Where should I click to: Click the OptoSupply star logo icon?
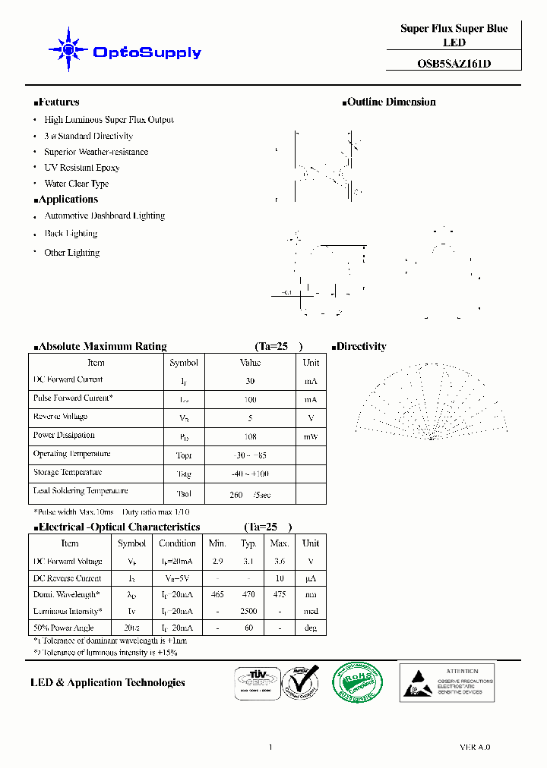68,51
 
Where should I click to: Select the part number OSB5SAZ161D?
454,65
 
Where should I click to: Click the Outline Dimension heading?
390,102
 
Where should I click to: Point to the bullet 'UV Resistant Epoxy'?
81,168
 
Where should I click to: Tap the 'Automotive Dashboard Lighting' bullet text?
104,216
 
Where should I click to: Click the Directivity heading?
360,347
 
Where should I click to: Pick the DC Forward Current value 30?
250,381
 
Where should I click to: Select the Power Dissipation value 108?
250,437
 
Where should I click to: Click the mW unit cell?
311,437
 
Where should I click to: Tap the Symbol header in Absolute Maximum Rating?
184,364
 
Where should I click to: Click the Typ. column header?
248,543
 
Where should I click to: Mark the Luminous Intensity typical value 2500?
248,611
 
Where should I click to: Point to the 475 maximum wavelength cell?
280,595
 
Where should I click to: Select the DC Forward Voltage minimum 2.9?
217,562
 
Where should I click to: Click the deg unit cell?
310,628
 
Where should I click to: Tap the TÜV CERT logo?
251,681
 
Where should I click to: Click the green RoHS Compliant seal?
358,681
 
